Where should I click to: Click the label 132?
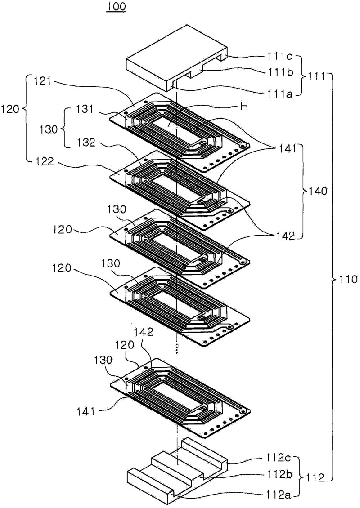[85, 143]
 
